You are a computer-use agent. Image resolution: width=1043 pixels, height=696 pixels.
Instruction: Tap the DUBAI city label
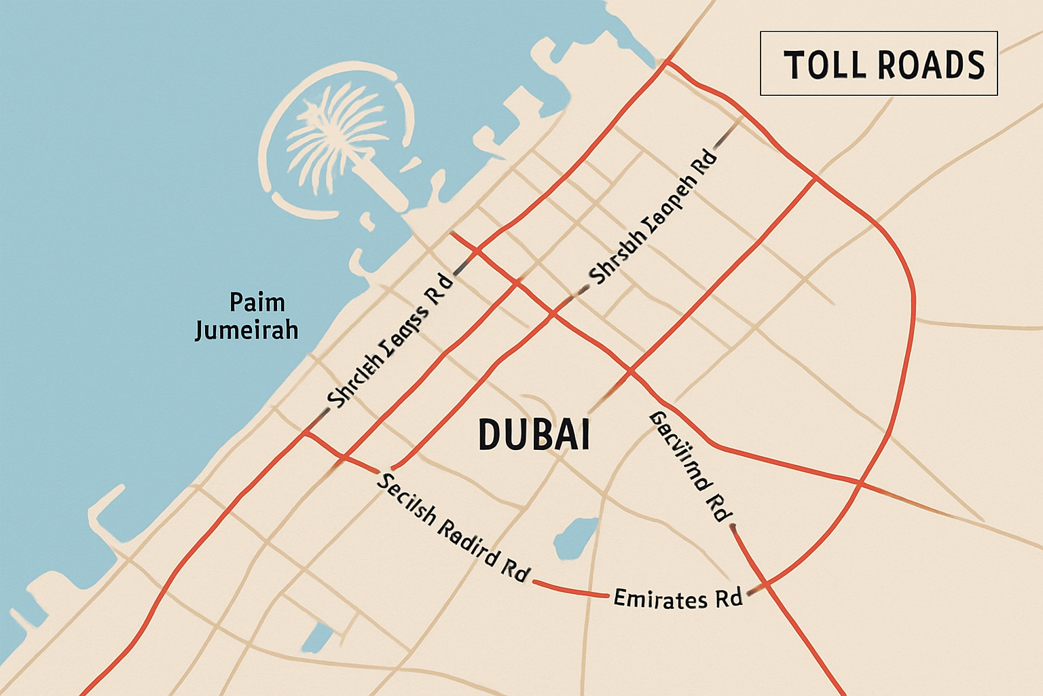point(534,435)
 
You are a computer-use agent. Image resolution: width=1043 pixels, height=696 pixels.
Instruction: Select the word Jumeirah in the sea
point(246,330)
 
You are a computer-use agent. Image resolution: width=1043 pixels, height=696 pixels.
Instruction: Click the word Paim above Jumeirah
point(257,302)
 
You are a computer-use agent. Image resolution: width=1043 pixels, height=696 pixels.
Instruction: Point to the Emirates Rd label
point(677,599)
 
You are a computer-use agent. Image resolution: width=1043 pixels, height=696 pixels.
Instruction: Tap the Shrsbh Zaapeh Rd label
point(653,217)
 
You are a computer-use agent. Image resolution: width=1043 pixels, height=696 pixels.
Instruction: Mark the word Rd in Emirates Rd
point(728,599)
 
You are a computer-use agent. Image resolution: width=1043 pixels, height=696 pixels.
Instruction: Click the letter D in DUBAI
point(490,435)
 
